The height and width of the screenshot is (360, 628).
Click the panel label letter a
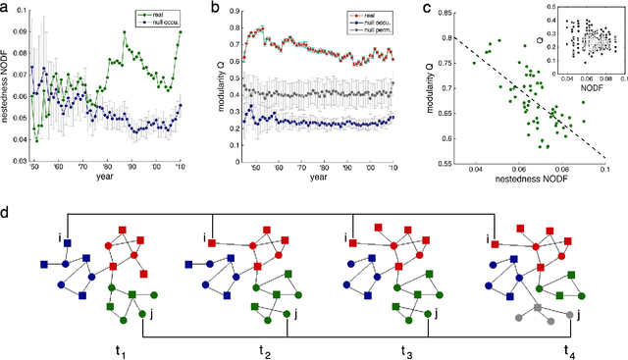(x=6, y=8)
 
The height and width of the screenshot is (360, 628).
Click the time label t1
(x=95, y=348)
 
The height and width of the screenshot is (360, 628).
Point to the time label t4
(x=566, y=348)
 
